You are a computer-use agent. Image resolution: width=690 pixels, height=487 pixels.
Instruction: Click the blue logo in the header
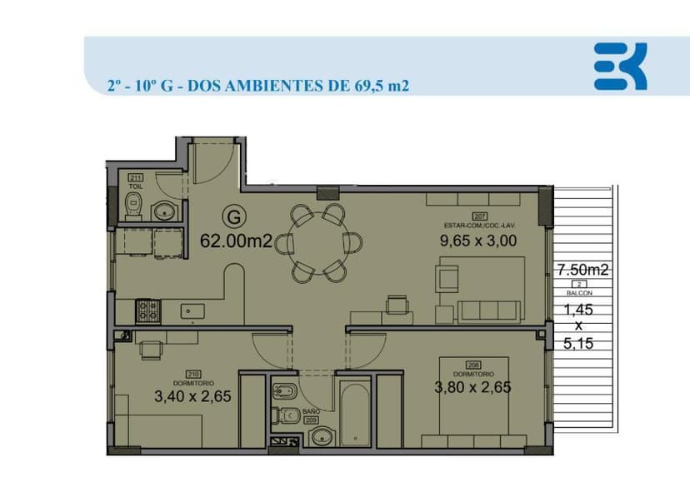(x=620, y=67)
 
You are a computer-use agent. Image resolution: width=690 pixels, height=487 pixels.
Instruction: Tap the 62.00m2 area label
(x=237, y=241)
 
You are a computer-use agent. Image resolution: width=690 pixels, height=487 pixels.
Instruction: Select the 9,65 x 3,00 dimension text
(x=478, y=241)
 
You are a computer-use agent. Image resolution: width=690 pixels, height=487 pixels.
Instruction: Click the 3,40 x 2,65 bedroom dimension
(x=192, y=396)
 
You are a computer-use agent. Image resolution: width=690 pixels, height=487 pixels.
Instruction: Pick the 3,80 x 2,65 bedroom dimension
(x=472, y=386)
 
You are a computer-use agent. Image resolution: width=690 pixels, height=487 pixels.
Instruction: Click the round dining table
(x=318, y=241)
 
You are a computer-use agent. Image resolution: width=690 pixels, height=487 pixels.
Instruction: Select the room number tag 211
(x=136, y=177)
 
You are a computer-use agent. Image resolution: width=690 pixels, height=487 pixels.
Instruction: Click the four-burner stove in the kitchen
(x=149, y=311)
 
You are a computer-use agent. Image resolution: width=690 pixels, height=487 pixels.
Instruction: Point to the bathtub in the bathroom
(x=355, y=413)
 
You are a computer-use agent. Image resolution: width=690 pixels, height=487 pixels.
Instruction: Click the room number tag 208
(x=473, y=365)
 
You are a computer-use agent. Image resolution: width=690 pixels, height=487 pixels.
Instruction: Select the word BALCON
(x=582, y=294)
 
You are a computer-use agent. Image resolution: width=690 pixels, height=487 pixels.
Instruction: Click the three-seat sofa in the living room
(x=492, y=311)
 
